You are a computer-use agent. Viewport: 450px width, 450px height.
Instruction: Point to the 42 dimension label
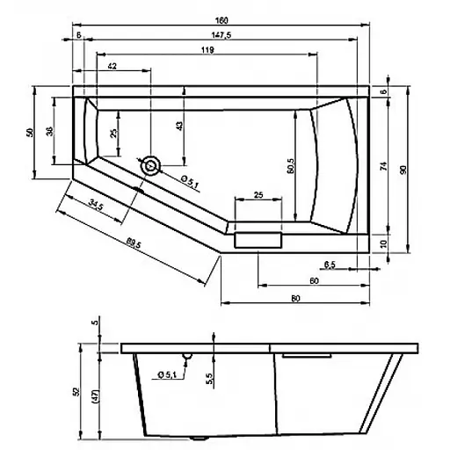coord(113,67)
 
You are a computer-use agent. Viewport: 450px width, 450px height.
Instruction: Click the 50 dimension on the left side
coord(29,131)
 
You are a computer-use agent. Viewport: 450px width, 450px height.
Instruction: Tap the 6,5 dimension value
coord(330,264)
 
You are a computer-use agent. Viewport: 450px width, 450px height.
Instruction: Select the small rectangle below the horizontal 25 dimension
coord(258,238)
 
